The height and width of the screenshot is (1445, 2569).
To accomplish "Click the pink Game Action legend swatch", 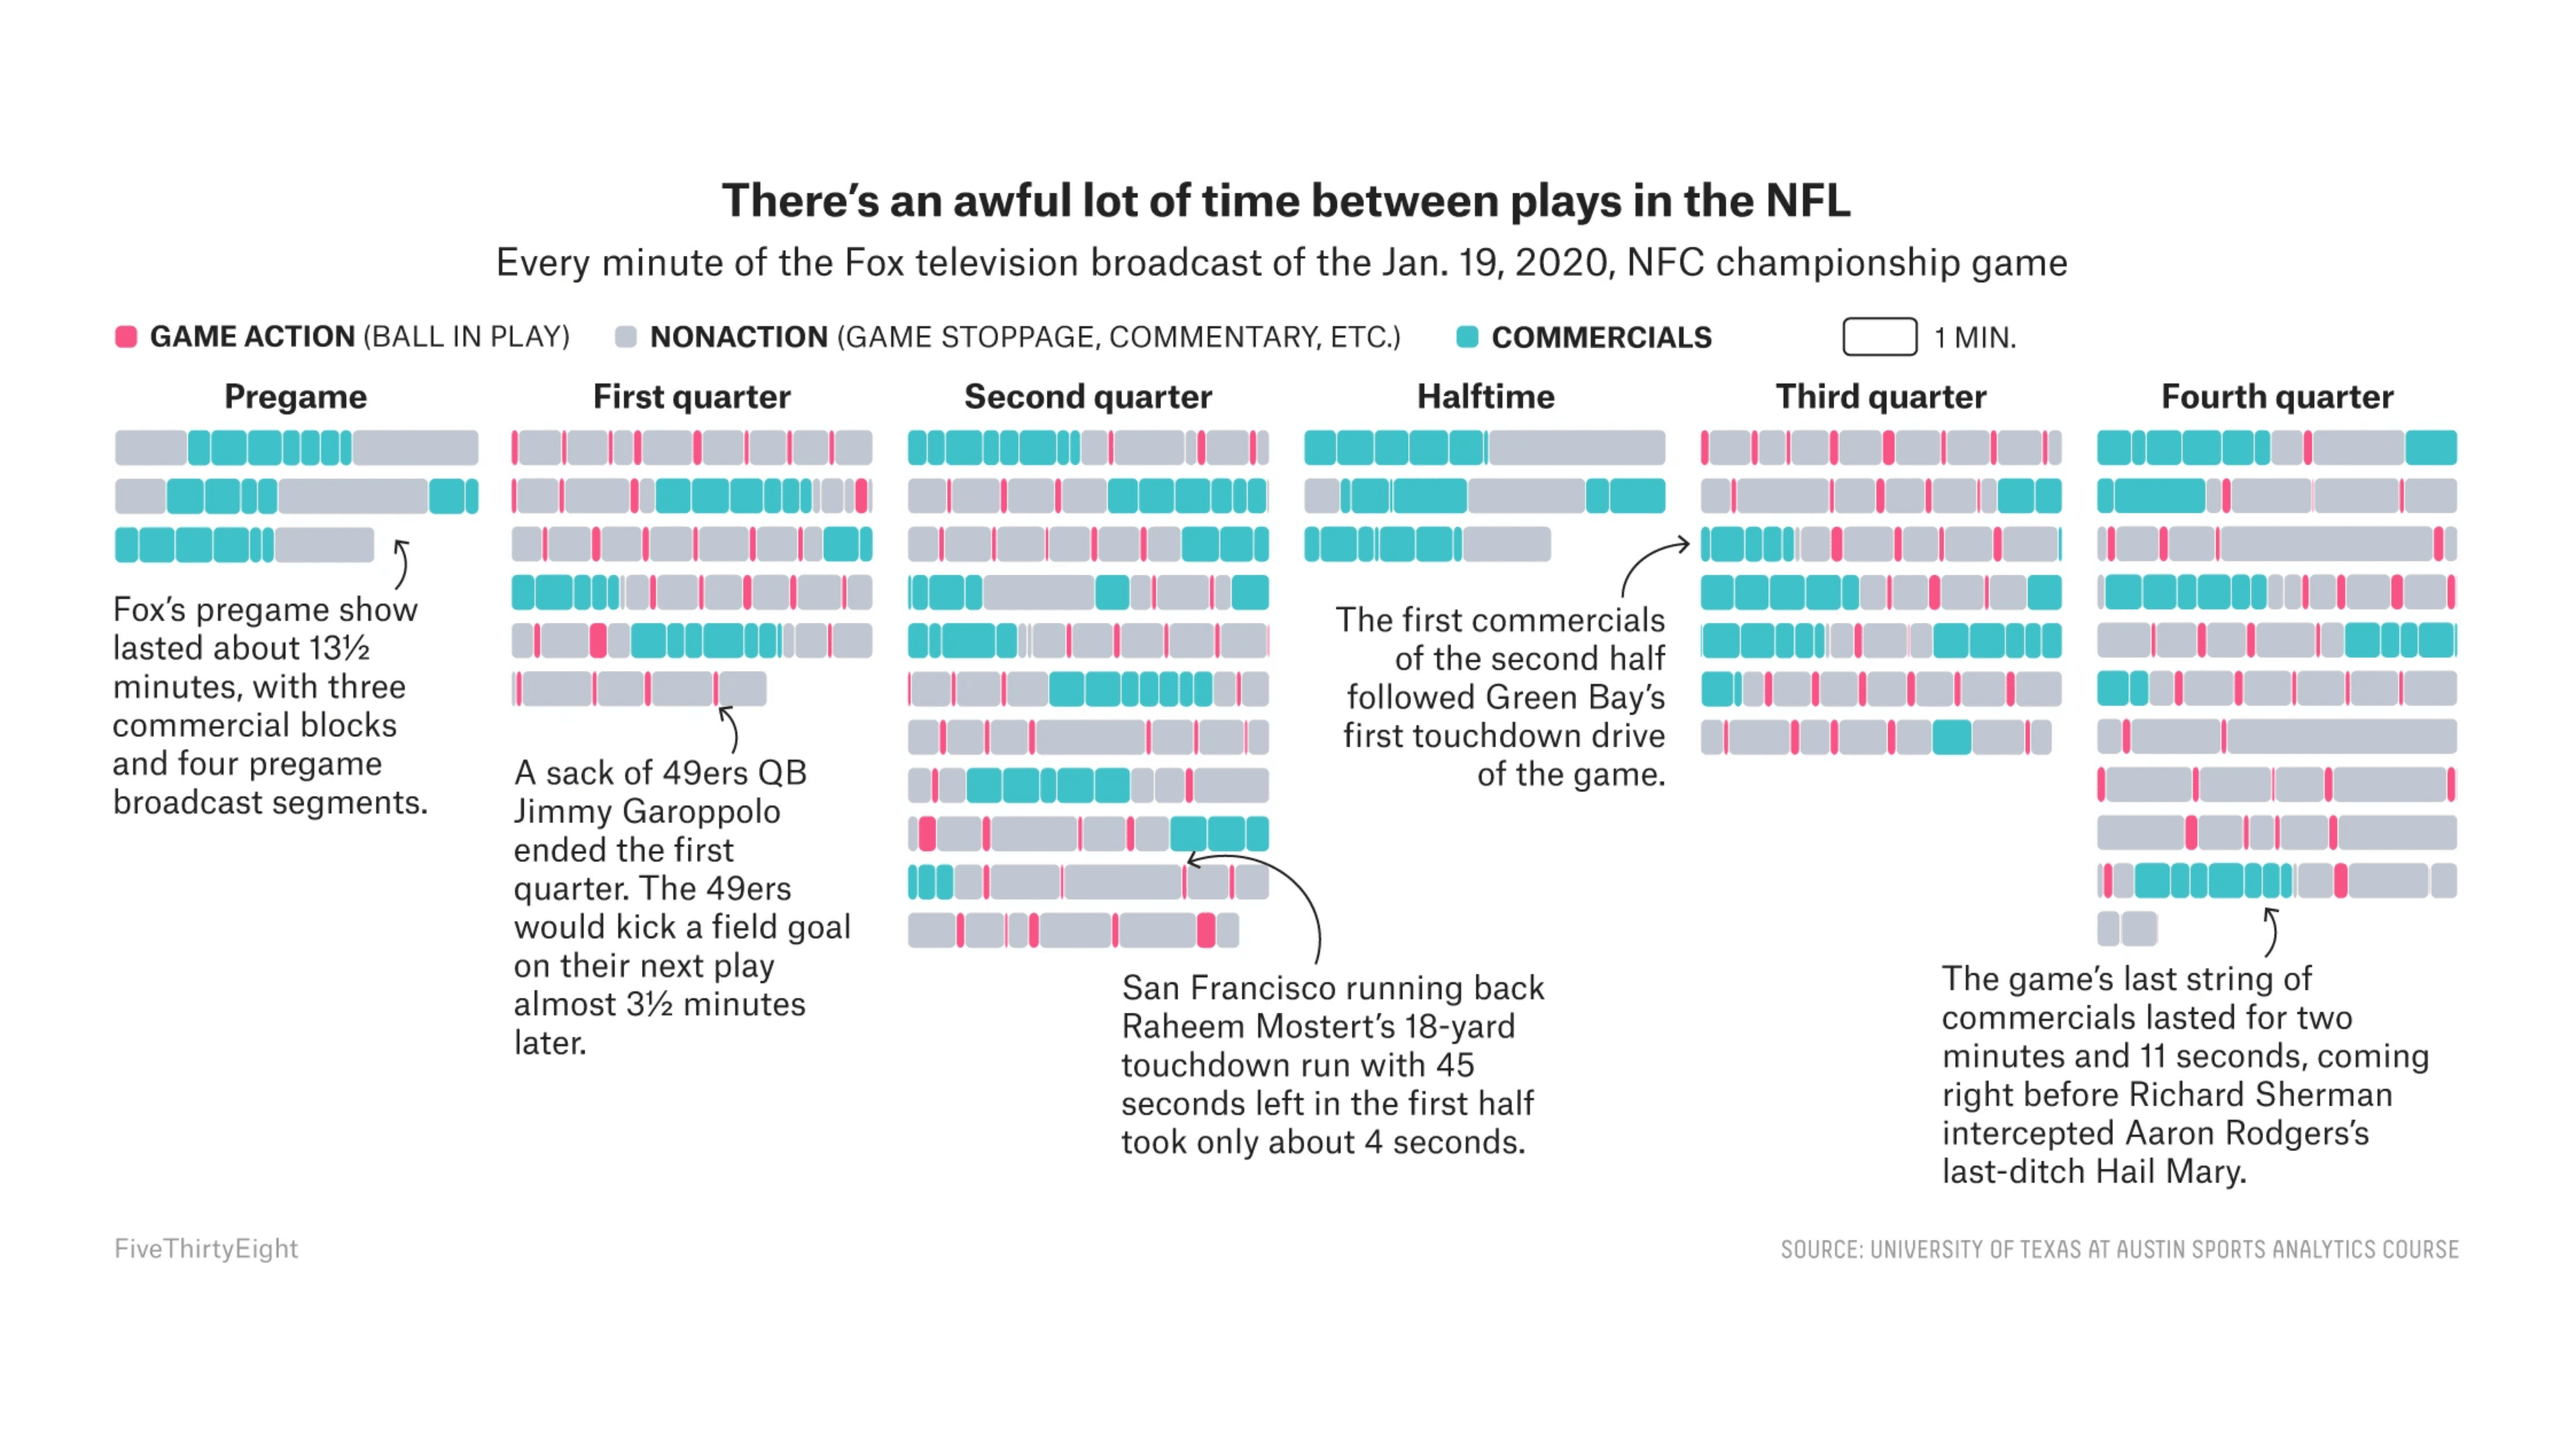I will pyautogui.click(x=125, y=337).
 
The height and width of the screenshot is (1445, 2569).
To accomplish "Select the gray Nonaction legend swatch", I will pyautogui.click(x=625, y=337).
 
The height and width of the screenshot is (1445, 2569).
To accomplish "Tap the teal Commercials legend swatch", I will pyautogui.click(x=1467, y=337).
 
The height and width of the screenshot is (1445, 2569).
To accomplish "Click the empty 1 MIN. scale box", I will pyautogui.click(x=1879, y=337).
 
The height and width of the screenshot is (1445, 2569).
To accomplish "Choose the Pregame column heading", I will pyautogui.click(x=295, y=397).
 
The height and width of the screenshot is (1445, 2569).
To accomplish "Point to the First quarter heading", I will pyautogui.click(x=691, y=397).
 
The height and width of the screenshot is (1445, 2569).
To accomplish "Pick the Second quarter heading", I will pyautogui.click(x=1087, y=397).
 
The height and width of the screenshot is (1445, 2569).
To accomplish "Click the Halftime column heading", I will pyautogui.click(x=1485, y=397).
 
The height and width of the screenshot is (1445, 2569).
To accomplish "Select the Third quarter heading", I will pyautogui.click(x=1880, y=397).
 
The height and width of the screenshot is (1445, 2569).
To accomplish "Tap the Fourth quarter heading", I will pyautogui.click(x=2277, y=397).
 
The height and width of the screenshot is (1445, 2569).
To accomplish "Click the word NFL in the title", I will pyautogui.click(x=1807, y=200).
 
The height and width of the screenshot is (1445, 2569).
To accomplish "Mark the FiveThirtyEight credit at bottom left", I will pyautogui.click(x=206, y=1249).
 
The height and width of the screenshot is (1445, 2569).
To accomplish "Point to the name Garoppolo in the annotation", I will pyautogui.click(x=701, y=812).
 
